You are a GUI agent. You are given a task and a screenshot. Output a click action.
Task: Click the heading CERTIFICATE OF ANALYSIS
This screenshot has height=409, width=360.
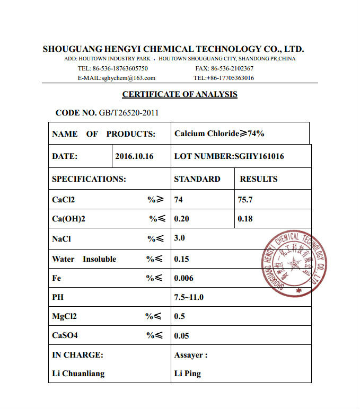click(x=180, y=94)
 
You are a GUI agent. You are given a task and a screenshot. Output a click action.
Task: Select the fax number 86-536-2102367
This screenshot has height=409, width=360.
click(x=232, y=68)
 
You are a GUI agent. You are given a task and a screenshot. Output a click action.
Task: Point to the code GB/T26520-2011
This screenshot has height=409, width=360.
click(x=129, y=113)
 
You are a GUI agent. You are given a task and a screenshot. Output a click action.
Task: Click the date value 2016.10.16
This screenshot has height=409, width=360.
click(x=134, y=157)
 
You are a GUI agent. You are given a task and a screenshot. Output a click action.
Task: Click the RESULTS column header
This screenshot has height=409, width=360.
click(x=258, y=179)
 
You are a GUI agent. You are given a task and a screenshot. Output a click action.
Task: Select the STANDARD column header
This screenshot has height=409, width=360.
click(x=197, y=179)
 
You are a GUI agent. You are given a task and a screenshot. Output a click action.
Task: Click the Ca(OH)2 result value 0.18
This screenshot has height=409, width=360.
click(x=245, y=219)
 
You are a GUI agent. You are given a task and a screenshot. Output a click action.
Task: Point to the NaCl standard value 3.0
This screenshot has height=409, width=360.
click(x=179, y=238)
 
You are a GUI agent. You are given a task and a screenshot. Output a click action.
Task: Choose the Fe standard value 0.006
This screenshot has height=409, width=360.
click(x=183, y=278)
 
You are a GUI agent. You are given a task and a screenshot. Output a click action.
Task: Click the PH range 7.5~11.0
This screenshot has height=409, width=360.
click(x=188, y=297)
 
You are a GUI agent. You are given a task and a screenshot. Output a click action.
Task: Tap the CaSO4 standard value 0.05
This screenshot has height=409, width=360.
click(x=181, y=335)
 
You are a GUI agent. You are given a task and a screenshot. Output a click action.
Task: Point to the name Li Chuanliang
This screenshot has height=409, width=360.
click(x=78, y=374)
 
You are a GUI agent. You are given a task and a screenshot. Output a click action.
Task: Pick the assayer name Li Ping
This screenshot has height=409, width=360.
click(x=187, y=374)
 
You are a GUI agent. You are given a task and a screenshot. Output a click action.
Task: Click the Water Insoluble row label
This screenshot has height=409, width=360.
click(x=84, y=259)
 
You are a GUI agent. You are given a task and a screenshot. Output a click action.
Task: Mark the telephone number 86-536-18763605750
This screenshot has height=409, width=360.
click(x=120, y=68)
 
